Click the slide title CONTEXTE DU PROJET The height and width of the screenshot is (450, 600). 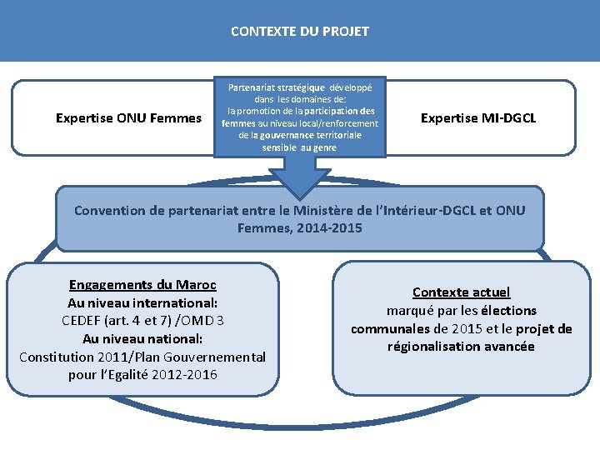coord(299,32)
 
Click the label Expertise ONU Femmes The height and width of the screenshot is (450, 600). coord(128,118)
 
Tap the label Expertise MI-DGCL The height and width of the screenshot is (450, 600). coord(478,118)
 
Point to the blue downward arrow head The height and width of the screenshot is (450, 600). coord(299,179)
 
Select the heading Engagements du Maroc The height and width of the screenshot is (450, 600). coord(142,284)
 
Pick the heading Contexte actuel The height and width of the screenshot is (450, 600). coord(461,292)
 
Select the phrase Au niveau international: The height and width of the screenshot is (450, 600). coord(142,302)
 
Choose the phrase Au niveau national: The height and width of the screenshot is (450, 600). coord(142,338)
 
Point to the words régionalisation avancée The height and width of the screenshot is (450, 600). coord(461,347)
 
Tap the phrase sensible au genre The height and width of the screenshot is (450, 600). coord(299,147)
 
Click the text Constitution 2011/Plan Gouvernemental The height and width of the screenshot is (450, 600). coord(142,357)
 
